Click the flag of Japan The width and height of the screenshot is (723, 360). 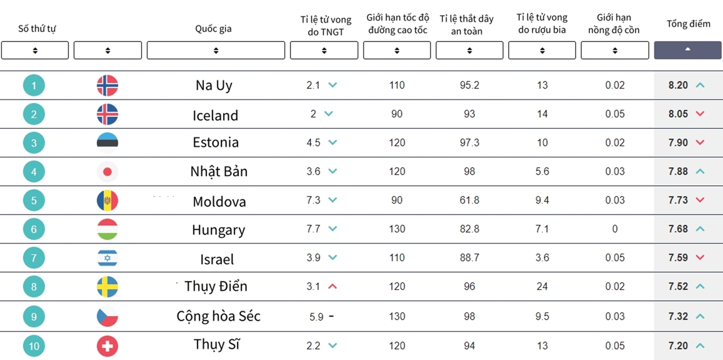click(x=107, y=171)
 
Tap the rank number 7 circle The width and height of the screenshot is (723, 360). click(x=34, y=257)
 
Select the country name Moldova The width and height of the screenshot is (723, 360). click(x=219, y=202)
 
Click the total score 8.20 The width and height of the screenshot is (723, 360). click(x=678, y=85)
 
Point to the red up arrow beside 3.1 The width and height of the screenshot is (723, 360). click(x=332, y=286)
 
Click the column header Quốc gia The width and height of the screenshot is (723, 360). click(x=213, y=29)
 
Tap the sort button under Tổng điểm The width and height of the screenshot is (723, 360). click(x=687, y=50)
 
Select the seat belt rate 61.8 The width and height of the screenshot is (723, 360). click(x=469, y=200)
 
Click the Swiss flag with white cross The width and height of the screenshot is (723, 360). click(x=107, y=346)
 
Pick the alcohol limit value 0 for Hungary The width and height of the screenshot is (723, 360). click(x=615, y=229)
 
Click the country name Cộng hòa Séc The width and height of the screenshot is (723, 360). click(x=218, y=316)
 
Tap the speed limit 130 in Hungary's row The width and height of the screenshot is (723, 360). click(x=397, y=229)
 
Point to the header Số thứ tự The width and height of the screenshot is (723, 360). click(x=37, y=29)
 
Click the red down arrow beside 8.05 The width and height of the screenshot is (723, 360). click(x=700, y=113)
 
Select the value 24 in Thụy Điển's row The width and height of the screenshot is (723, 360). click(x=542, y=286)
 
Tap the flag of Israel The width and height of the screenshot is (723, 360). click(x=107, y=257)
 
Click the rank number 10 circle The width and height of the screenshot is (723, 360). click(x=34, y=346)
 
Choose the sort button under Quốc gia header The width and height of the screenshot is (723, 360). click(x=216, y=50)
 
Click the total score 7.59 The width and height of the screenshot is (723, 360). click(x=678, y=257)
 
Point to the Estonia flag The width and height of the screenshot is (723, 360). click(x=107, y=143)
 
